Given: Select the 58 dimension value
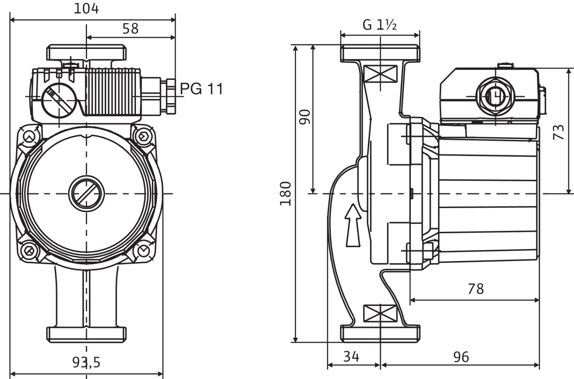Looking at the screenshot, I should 130,29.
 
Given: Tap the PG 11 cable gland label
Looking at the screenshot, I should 201,89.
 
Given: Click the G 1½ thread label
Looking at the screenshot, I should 380,25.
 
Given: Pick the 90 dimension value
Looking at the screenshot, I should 305,117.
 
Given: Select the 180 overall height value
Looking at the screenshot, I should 286,194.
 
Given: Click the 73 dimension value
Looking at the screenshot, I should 559,132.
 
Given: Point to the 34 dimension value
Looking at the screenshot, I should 352,357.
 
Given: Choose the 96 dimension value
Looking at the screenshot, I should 461,357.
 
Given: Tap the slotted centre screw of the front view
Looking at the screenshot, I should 87,194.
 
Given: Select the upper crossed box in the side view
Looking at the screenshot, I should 380,73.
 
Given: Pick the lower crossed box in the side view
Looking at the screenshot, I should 380,313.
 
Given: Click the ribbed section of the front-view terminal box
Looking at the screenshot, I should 113,92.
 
